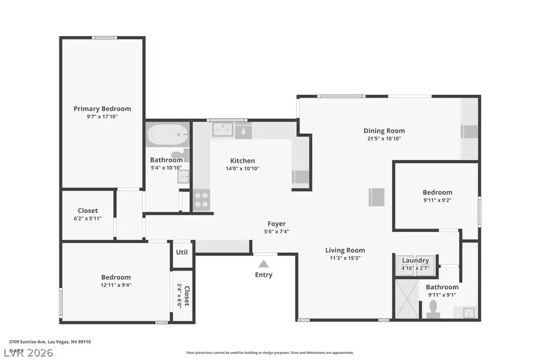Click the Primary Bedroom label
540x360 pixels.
[x=102, y=109]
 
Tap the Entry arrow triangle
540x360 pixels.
[x=263, y=263]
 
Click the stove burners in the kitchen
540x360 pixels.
[x=201, y=199]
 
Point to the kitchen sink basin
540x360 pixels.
[x=222, y=130]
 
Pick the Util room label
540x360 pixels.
[x=182, y=252]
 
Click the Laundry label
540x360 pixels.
[x=415, y=260]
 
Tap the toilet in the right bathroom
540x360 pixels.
[x=433, y=308]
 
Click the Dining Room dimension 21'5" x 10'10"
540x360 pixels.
[x=384, y=139]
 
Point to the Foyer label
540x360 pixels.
[x=277, y=224]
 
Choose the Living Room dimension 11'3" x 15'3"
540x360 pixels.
[x=345, y=258]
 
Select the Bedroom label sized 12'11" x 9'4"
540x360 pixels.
[x=116, y=277]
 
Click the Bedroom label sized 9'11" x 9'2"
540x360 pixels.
[x=437, y=193]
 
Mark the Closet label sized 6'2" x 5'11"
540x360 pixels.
[x=88, y=211]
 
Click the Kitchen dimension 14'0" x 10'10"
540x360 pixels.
[x=243, y=169]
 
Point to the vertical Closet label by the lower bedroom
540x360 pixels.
[x=187, y=296]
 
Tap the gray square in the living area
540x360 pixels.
[x=377, y=197]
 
